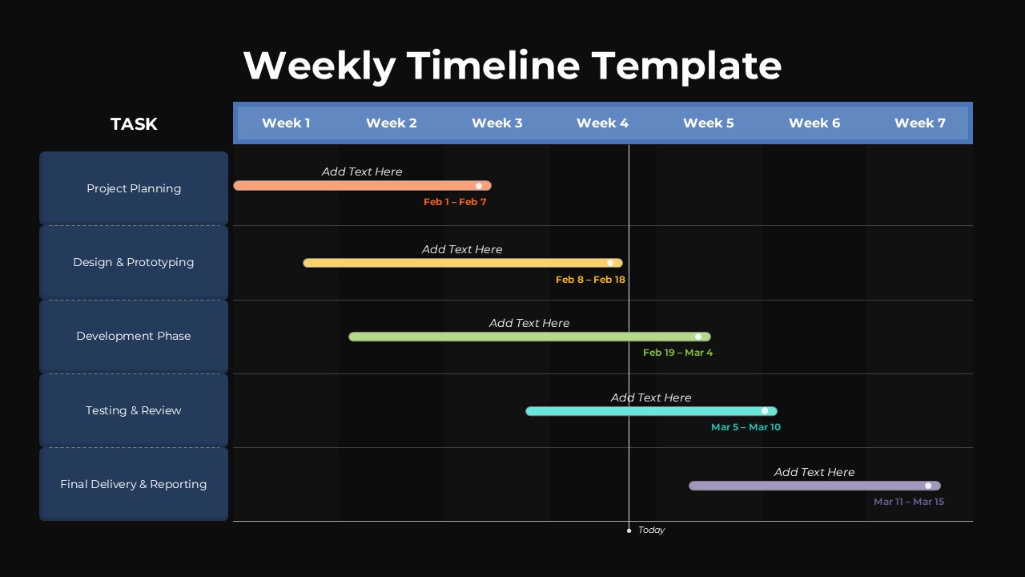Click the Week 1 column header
(x=286, y=123)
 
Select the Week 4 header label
(x=602, y=123)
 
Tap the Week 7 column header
(x=920, y=123)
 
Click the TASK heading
(x=134, y=123)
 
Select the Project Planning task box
(x=134, y=188)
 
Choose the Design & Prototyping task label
(x=134, y=262)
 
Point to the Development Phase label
(x=134, y=336)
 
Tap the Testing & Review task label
(x=134, y=410)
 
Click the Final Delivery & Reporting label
(x=134, y=484)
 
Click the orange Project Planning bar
(x=363, y=185)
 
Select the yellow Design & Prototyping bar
(x=463, y=263)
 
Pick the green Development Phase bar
(x=529, y=337)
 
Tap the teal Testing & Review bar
(x=651, y=411)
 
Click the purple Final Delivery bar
(x=814, y=486)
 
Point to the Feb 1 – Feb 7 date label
(x=455, y=202)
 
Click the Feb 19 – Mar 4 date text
(x=677, y=353)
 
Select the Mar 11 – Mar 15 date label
(x=909, y=502)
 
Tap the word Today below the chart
(x=651, y=530)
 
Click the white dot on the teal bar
(x=765, y=411)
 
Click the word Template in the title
(x=686, y=67)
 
